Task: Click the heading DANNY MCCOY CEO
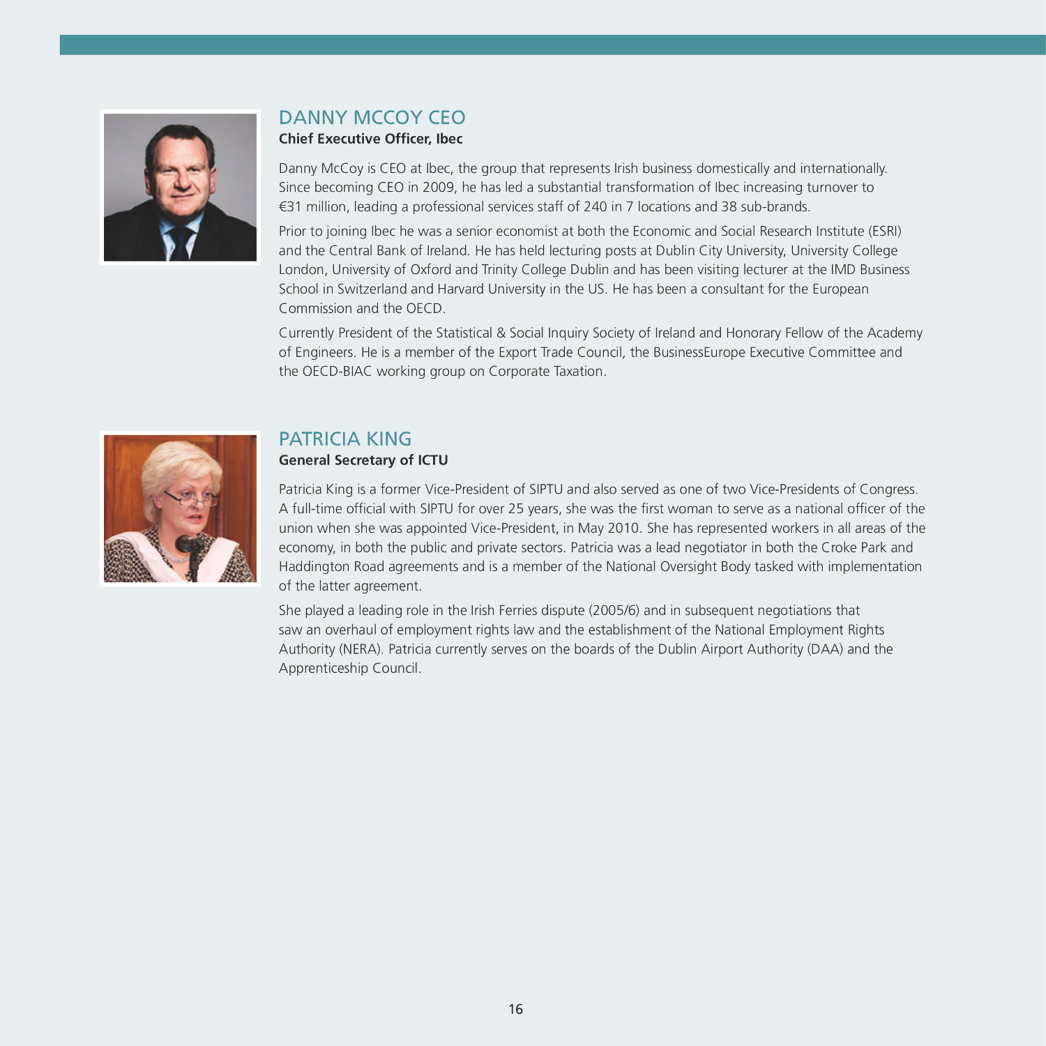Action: pos(372,117)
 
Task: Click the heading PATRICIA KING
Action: pos(345,439)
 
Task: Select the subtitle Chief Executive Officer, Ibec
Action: pos(370,139)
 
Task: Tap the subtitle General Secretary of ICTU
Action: pos(363,460)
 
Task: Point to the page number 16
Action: pos(515,1009)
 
